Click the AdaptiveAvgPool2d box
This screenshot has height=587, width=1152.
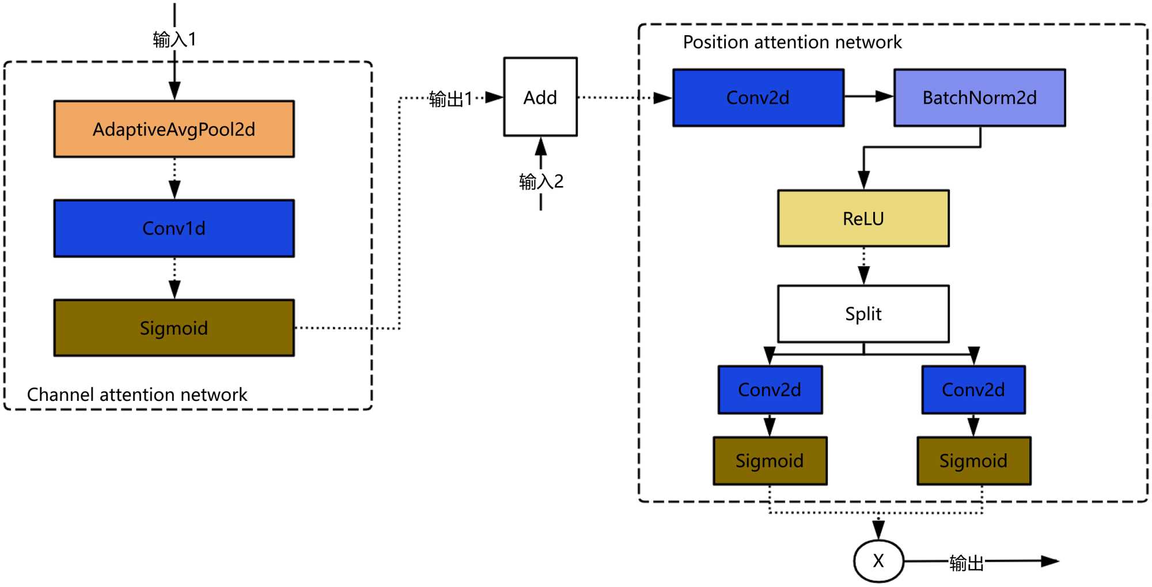tap(174, 129)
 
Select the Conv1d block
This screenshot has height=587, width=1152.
tap(174, 228)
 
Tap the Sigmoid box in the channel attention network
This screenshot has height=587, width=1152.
tap(174, 328)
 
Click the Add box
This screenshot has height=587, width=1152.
tap(540, 97)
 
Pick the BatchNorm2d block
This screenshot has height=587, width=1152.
tap(979, 97)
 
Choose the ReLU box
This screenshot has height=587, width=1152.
tap(863, 218)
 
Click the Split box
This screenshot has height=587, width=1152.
tap(863, 314)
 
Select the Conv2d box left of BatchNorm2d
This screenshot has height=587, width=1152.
tap(758, 97)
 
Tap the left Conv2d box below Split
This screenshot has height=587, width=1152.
tap(770, 389)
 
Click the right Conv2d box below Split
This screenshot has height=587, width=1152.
tap(973, 389)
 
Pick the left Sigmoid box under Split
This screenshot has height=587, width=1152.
tap(770, 460)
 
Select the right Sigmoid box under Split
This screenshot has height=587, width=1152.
tap(973, 460)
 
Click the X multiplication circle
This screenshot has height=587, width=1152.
tap(878, 561)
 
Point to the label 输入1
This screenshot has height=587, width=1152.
tap(175, 39)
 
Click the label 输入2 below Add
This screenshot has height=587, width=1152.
tap(541, 181)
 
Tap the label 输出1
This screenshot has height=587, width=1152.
tap(450, 99)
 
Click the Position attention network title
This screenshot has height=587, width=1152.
tap(792, 42)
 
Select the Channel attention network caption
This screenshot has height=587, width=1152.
tap(137, 395)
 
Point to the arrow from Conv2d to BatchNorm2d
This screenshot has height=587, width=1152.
tap(869, 96)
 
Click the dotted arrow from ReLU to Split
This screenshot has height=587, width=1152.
tap(863, 266)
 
